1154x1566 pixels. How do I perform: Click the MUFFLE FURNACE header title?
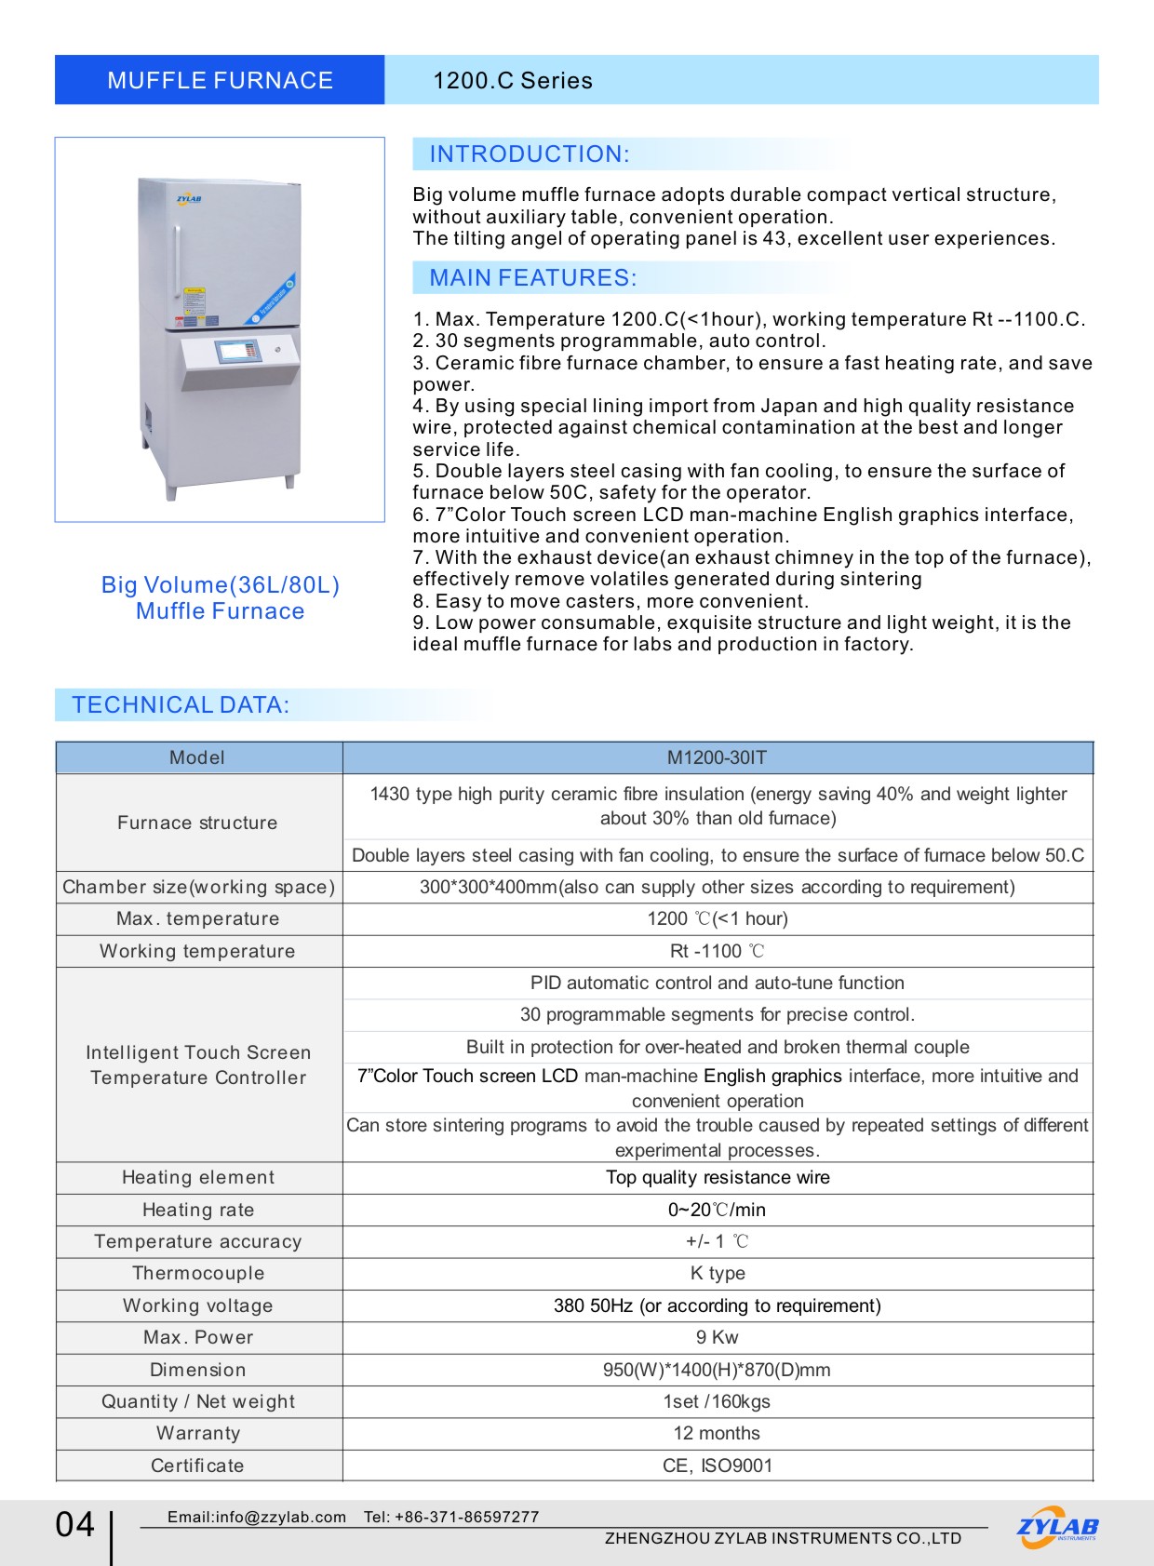[220, 80]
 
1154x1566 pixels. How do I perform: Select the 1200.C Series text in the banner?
[512, 81]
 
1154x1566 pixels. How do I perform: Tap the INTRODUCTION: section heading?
[529, 154]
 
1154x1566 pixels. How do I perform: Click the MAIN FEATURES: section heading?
[532, 278]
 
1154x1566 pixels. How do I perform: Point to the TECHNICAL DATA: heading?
[181, 705]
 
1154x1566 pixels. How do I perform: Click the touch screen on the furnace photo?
[237, 352]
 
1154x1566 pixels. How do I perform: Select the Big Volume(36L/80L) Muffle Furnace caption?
[220, 597]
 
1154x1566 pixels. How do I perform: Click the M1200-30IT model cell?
[717, 757]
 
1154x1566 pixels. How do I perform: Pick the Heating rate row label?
[198, 1210]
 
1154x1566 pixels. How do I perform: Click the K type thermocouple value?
[717, 1273]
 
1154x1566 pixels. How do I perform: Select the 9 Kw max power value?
[717, 1337]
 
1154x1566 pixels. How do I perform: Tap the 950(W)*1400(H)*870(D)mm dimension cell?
[717, 1370]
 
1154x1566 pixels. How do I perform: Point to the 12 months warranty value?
[717, 1433]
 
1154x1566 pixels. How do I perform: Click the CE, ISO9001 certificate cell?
[717, 1466]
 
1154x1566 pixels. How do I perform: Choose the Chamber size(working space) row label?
[198, 887]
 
